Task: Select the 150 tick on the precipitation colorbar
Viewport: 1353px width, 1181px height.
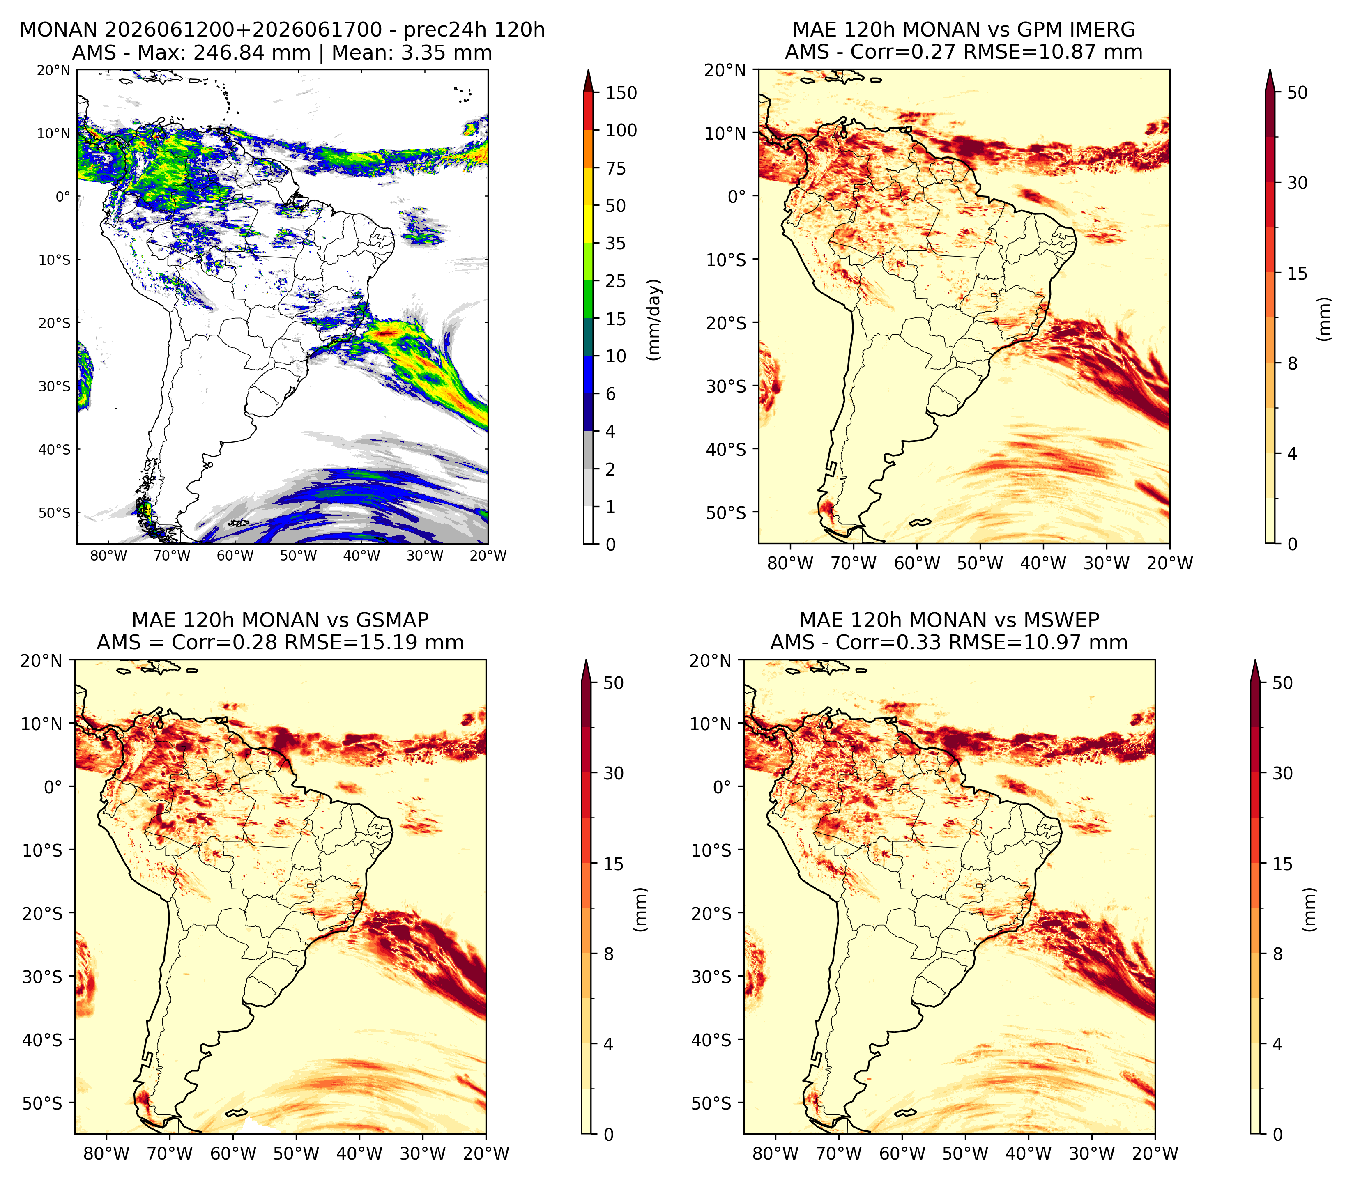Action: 621,93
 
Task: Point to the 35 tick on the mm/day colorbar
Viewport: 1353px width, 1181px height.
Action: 616,243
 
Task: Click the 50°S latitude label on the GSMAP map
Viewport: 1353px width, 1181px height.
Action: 42,1104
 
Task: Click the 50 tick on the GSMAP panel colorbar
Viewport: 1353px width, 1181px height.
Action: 613,683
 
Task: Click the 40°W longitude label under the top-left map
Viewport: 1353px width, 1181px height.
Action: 361,556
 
